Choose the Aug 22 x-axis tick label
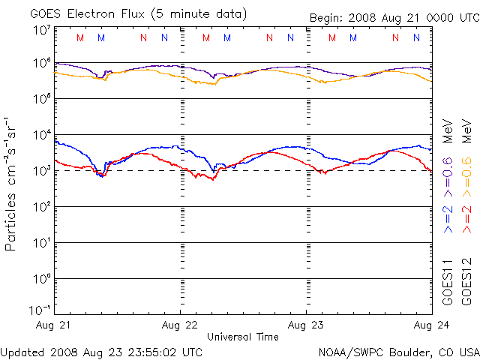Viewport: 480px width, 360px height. [x=181, y=325]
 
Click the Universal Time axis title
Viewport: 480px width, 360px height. [x=243, y=337]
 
